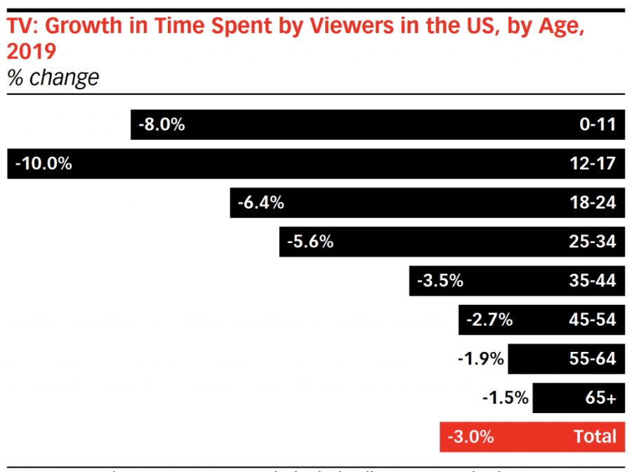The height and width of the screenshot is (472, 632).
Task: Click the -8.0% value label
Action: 162,125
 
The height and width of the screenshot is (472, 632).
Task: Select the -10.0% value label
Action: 44,164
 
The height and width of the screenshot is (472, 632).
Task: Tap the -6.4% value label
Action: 261,203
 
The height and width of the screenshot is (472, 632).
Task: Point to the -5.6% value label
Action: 310,242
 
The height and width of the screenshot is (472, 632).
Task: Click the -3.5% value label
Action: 440,281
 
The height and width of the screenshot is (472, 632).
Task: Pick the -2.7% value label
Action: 489,320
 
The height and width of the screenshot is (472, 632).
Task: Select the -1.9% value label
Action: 480,359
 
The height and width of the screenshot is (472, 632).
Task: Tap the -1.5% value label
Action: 505,398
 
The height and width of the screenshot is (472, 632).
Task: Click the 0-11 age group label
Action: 598,125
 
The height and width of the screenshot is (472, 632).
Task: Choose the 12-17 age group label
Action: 593,164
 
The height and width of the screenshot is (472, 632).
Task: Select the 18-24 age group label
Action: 593,203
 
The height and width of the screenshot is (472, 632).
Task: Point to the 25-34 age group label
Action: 593,242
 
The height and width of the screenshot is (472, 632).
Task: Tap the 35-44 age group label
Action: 593,281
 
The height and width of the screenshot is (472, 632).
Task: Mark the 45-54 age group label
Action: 593,320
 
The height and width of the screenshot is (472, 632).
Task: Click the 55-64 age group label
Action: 593,359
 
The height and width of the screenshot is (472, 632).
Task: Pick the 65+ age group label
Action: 600,398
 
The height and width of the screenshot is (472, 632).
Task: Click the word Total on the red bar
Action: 595,437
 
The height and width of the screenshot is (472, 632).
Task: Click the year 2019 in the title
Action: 31,52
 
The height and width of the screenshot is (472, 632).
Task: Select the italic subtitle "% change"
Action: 53,77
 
